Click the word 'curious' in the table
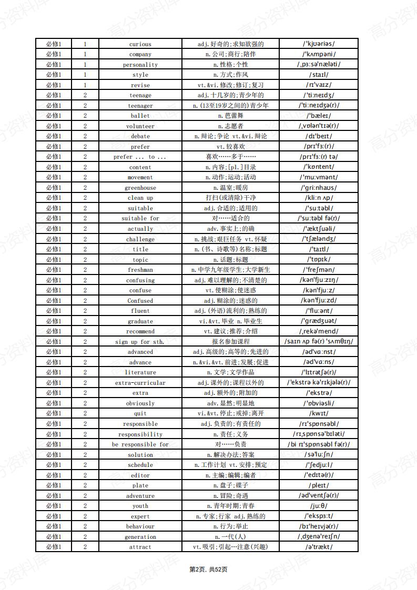pyautogui.click(x=140, y=44)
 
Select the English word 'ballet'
pyautogui.click(x=140, y=116)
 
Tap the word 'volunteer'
pyautogui.click(x=140, y=126)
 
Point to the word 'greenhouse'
pyautogui.click(x=140, y=188)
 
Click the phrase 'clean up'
pyautogui.click(x=140, y=198)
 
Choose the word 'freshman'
pyautogui.click(x=140, y=270)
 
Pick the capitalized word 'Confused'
pyautogui.click(x=140, y=301)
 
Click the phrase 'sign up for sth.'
pyautogui.click(x=140, y=342)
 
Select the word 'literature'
pyautogui.click(x=140, y=372)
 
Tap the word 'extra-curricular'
pyautogui.click(x=140, y=383)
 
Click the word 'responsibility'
pyautogui.click(x=140, y=434)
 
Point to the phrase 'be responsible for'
pyautogui.click(x=140, y=444)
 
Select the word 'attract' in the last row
pyautogui.click(x=140, y=547)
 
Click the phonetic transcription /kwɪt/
pyautogui.click(x=318, y=413)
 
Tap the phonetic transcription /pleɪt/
pyautogui.click(x=318, y=485)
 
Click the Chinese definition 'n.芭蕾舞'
pyautogui.click(x=230, y=116)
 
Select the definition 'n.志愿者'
pyautogui.click(x=230, y=126)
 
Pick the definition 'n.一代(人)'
pyautogui.click(x=230, y=537)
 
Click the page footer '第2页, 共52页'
pyautogui.click(x=208, y=569)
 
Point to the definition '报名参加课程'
pyautogui.click(x=230, y=342)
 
